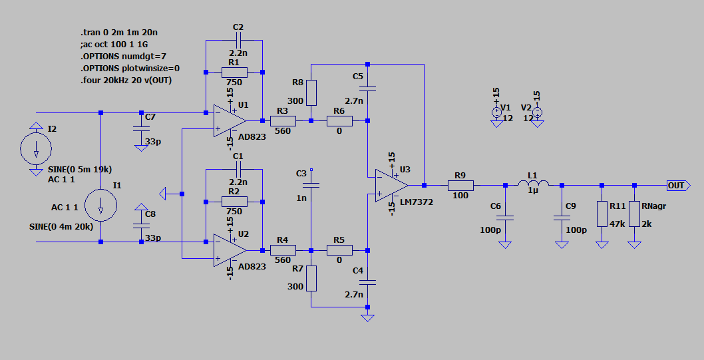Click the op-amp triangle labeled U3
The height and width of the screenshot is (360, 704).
pos(391,186)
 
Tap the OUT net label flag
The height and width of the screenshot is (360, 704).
pos(678,186)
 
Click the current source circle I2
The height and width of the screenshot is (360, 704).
pos(36,148)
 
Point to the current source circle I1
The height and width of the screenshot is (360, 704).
pos(100,205)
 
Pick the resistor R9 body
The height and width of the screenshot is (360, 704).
pos(460,186)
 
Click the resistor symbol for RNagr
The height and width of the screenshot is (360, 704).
pos(634,214)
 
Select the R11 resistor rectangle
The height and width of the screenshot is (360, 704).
pos(602,214)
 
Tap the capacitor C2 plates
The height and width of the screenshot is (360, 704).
pos(238,41)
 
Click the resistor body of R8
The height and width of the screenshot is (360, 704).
pos(311,92)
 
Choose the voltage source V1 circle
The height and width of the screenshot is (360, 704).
pos(496,112)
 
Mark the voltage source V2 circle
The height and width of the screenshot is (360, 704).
pos(537,112)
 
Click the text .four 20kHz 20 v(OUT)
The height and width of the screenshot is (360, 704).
pos(126,81)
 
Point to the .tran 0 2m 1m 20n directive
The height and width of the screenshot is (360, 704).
pos(119,33)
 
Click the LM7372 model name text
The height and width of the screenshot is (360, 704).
pos(417,202)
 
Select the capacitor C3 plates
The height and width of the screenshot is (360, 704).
pos(311,185)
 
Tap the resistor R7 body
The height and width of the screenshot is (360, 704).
pos(311,278)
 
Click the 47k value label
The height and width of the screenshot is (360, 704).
pos(617,224)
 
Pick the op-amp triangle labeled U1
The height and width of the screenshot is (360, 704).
pos(230,120)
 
